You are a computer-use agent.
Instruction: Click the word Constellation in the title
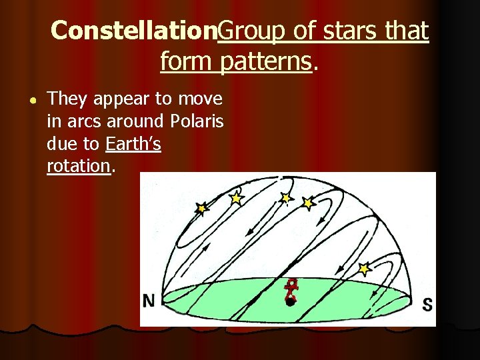[x=134, y=31]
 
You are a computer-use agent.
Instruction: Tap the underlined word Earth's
[x=133, y=144]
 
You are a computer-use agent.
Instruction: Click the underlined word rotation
[x=78, y=166]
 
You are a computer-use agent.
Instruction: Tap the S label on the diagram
[x=427, y=305]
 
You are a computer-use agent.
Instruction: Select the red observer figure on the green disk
[x=290, y=292]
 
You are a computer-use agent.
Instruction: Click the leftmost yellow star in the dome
[x=201, y=209]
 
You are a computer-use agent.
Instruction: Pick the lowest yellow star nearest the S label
[x=363, y=269]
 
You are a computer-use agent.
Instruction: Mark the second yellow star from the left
[x=235, y=198]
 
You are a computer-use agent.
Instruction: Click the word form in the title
[x=182, y=62]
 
